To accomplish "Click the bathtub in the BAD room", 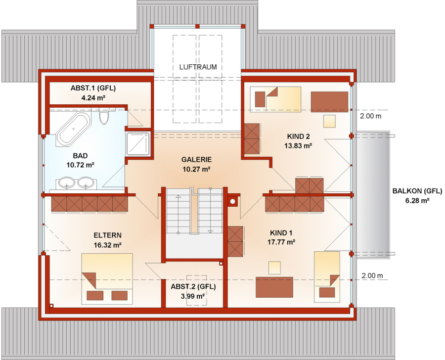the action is pos(73,130).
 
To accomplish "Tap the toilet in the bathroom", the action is pos(104,117).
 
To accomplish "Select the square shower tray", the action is pos(138,144).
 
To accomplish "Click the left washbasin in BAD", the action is pos(67,183).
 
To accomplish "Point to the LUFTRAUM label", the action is pos(198,67).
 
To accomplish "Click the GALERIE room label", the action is pos(196,160).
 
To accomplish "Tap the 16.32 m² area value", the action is pos(108,245).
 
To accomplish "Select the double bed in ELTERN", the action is pos(107,279).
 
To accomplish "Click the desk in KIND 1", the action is pos(274,287).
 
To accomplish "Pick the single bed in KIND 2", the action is pos(275,100).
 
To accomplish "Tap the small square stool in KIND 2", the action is pos(329,121).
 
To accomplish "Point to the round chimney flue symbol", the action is pos(233,201).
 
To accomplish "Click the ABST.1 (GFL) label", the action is pos(93,88).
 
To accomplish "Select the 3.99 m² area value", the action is pos(193,296).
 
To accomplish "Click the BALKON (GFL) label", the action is pos(417,191).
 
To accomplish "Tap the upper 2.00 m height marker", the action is pos(371,116).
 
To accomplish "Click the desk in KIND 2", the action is pos(329,102).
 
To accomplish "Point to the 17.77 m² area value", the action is pos(281,242).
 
